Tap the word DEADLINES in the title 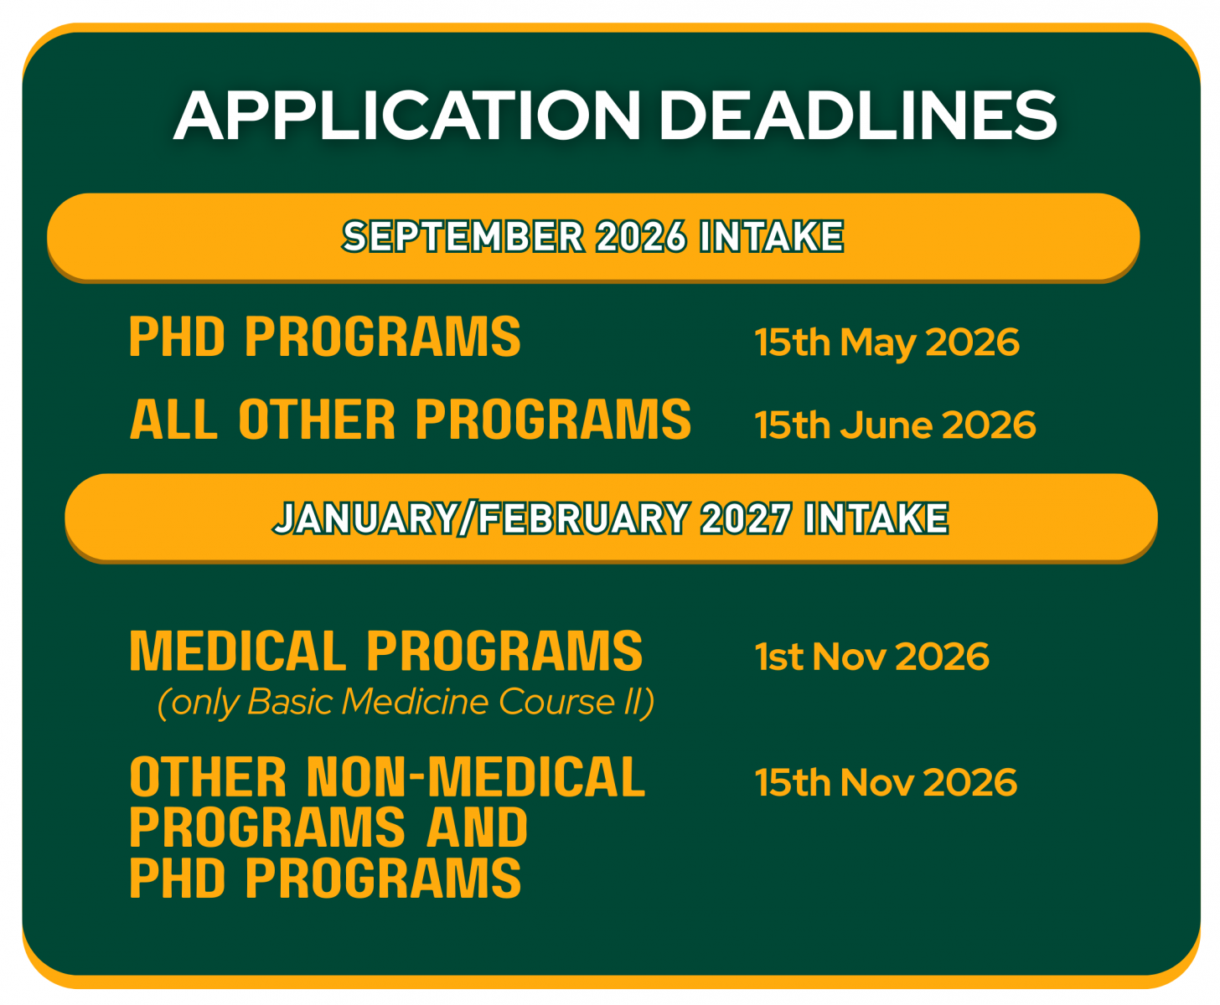coord(858,115)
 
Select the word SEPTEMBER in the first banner coord(463,236)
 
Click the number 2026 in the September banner coord(641,236)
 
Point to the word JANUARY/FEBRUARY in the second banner coord(482,518)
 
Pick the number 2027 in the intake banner coord(746,518)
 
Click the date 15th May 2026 coord(887,343)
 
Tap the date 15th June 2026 coord(895,425)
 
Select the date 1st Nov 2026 coord(871,657)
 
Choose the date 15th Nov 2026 coord(886,782)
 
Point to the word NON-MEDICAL coord(476,776)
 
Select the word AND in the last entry coord(477,827)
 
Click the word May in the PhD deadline coord(877,344)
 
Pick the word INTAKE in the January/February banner coord(876,518)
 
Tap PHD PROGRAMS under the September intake coord(325,337)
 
